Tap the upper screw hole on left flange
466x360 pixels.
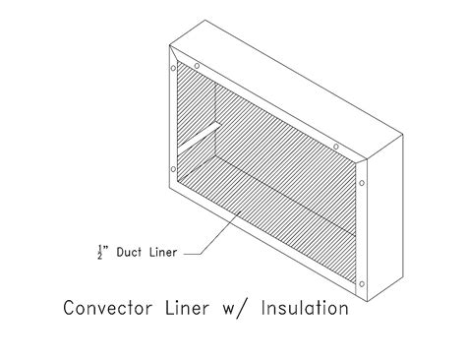coord(174,71)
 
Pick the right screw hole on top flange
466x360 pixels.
coord(338,147)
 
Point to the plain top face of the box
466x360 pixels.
coord(285,89)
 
